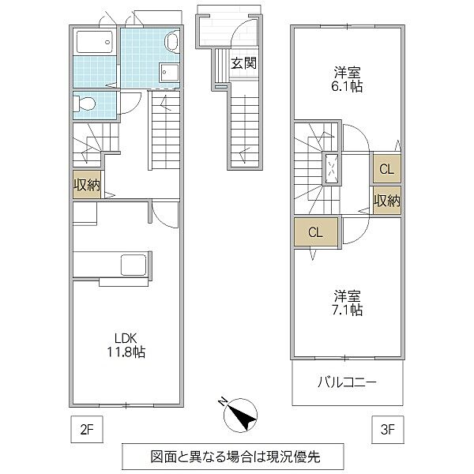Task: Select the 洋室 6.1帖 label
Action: [347, 77]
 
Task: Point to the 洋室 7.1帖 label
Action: [347, 303]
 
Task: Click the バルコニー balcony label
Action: [347, 382]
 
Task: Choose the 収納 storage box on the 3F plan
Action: [386, 201]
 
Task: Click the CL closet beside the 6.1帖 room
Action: [386, 168]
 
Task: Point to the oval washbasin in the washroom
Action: [173, 43]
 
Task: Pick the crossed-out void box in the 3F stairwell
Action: [333, 167]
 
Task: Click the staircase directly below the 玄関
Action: [245, 126]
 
